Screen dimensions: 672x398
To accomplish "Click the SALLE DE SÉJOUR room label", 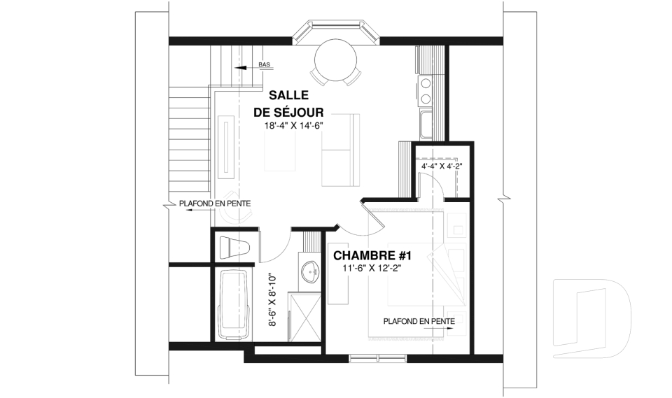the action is click(x=288, y=104).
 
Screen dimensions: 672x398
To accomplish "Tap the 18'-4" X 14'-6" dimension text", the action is click(x=293, y=126).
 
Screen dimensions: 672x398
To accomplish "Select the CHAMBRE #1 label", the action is click(x=372, y=256).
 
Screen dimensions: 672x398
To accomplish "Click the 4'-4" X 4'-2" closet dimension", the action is click(x=442, y=166).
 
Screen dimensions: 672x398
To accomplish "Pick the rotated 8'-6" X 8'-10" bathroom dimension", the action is click(x=272, y=300).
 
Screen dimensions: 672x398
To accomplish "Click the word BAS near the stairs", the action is click(x=265, y=64).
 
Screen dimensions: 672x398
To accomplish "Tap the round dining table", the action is click(x=335, y=60).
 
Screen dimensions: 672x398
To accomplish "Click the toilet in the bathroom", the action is click(x=234, y=248).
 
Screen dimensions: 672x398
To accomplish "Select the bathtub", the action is click(x=233, y=305).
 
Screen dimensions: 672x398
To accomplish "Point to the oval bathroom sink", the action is click(x=311, y=271).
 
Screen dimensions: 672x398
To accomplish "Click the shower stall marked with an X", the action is click(x=304, y=317).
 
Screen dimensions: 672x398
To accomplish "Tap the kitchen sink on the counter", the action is click(x=426, y=125).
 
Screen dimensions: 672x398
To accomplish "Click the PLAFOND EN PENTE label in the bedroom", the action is click(x=419, y=321).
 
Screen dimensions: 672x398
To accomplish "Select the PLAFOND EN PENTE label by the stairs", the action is click(x=215, y=204).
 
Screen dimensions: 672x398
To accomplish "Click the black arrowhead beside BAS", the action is click(x=240, y=68).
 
